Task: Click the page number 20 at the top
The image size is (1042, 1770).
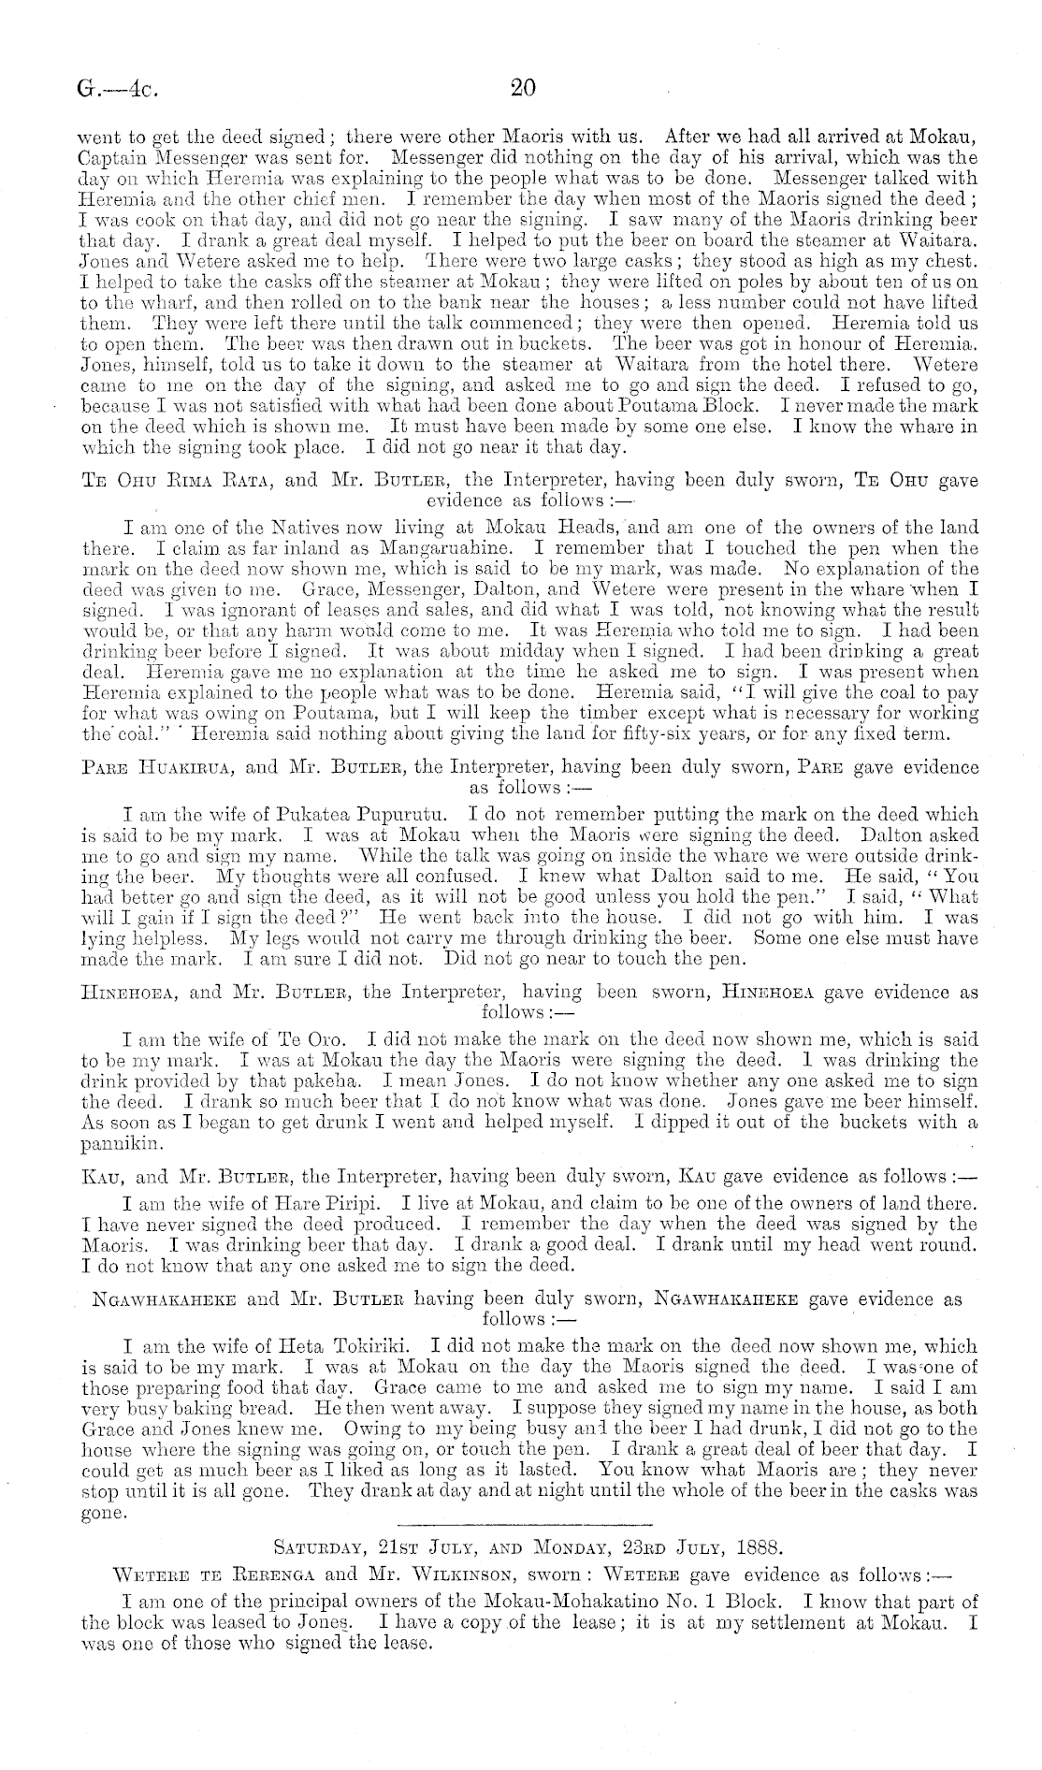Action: coord(521,89)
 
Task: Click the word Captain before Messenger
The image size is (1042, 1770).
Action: coord(112,157)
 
